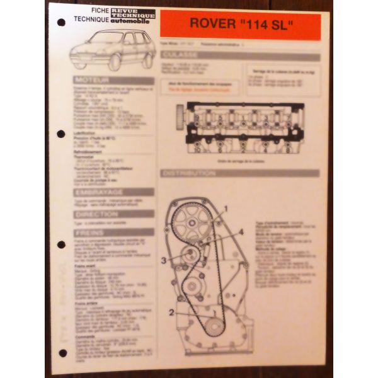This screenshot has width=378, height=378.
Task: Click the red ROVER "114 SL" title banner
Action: [x=240, y=26]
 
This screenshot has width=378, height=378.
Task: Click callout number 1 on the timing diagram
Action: [x=226, y=208]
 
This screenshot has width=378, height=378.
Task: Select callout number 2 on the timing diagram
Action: [x=171, y=311]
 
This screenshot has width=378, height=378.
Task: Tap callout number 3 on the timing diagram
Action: [x=163, y=259]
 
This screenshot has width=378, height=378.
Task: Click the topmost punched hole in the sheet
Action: [x=61, y=23]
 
